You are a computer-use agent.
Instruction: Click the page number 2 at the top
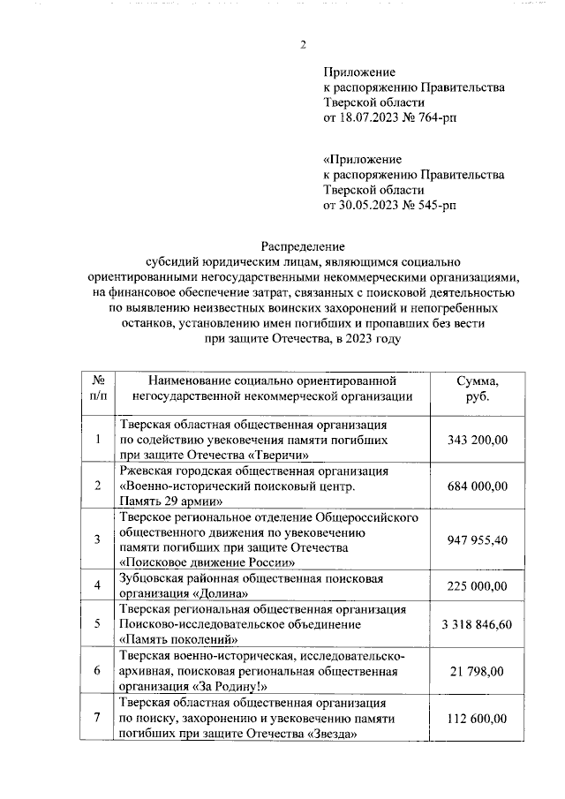[303, 45]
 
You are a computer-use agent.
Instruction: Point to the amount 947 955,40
[477, 539]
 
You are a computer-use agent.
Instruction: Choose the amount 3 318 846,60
[477, 625]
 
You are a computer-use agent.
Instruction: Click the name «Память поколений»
[179, 639]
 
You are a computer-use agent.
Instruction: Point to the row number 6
[98, 672]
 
